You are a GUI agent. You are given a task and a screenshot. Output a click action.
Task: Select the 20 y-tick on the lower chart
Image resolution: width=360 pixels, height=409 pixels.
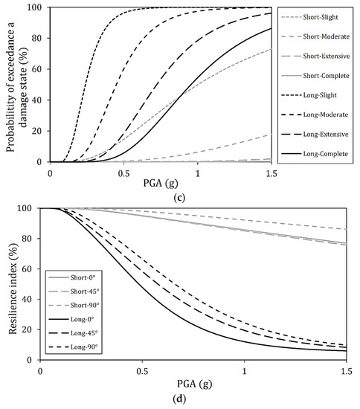(30, 329)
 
